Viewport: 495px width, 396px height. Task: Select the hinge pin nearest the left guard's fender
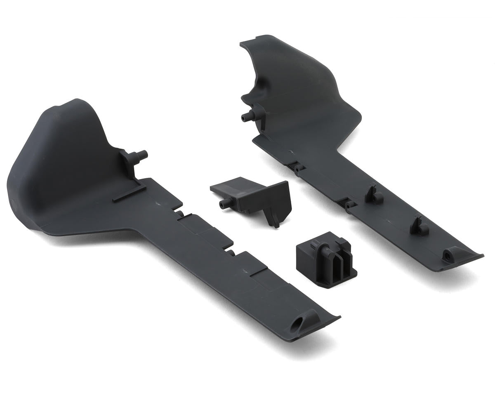pyautogui.click(x=181, y=213)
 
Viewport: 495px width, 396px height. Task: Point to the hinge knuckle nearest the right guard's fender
pyautogui.click(x=298, y=168)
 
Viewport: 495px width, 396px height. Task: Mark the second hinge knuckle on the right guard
pyautogui.click(x=349, y=204)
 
